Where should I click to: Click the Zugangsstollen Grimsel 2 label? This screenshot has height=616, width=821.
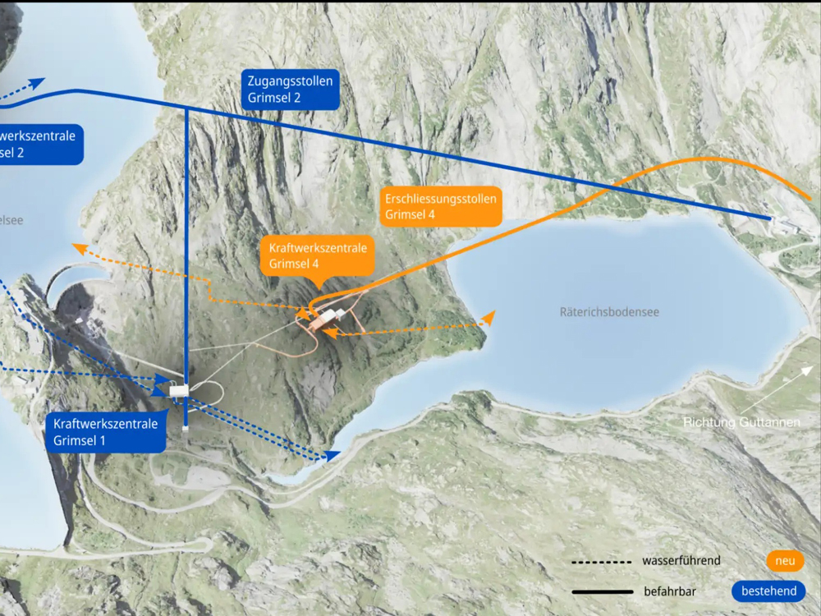coord(290,90)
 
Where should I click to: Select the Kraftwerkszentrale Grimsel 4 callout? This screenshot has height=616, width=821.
coord(317,255)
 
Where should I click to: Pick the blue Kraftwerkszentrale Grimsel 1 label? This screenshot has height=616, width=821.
coord(105,432)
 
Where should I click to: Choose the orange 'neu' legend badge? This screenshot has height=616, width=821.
coord(785,561)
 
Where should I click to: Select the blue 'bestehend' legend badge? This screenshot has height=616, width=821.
coord(768,591)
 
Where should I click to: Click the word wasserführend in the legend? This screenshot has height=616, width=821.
coord(681,561)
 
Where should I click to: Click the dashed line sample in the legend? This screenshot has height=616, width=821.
coord(603,562)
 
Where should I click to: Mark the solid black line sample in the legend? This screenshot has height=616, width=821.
coord(603,591)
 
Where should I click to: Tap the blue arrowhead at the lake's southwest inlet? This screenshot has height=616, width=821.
coord(333,454)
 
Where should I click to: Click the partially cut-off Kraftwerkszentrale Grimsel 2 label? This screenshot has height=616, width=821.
coord(38,145)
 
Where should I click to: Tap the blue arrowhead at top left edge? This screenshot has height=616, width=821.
coord(39,83)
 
